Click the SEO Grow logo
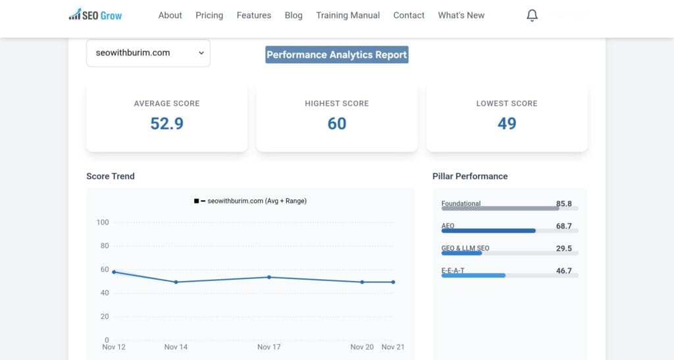click(x=95, y=15)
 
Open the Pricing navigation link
click(x=209, y=15)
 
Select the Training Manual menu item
click(x=348, y=15)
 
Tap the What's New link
click(x=461, y=15)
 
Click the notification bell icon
click(x=532, y=16)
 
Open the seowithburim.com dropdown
click(x=148, y=53)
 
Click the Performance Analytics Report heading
click(x=336, y=55)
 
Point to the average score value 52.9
click(x=167, y=123)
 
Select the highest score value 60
click(x=336, y=123)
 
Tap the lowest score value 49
click(x=507, y=123)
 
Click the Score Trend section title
click(x=111, y=176)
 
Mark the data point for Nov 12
click(x=114, y=272)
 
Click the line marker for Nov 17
click(x=269, y=277)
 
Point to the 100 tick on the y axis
click(x=102, y=222)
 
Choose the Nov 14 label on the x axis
click(x=176, y=347)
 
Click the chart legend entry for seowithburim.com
click(x=251, y=201)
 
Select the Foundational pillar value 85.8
click(x=563, y=204)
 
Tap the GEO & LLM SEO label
click(x=465, y=248)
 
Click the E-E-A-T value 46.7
click(x=563, y=270)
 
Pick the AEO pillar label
click(x=448, y=226)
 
